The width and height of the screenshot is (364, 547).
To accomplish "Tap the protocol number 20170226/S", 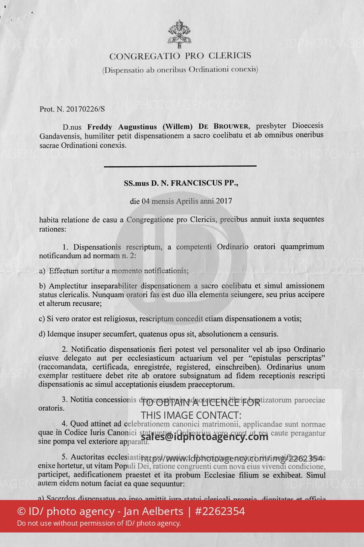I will [85, 109].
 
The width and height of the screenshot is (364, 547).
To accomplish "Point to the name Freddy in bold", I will [101, 126].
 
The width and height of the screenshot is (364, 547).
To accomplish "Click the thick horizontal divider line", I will [180, 166].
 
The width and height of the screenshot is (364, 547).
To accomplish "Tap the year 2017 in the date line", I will [224, 201].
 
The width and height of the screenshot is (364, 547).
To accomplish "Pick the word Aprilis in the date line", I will [189, 201].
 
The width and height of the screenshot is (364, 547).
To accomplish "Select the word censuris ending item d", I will [264, 334].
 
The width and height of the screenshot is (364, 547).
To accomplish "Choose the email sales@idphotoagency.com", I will [204, 436].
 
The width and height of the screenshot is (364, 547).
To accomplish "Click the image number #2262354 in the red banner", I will [220, 511].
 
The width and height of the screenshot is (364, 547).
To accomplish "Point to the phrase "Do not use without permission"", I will [67, 523].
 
